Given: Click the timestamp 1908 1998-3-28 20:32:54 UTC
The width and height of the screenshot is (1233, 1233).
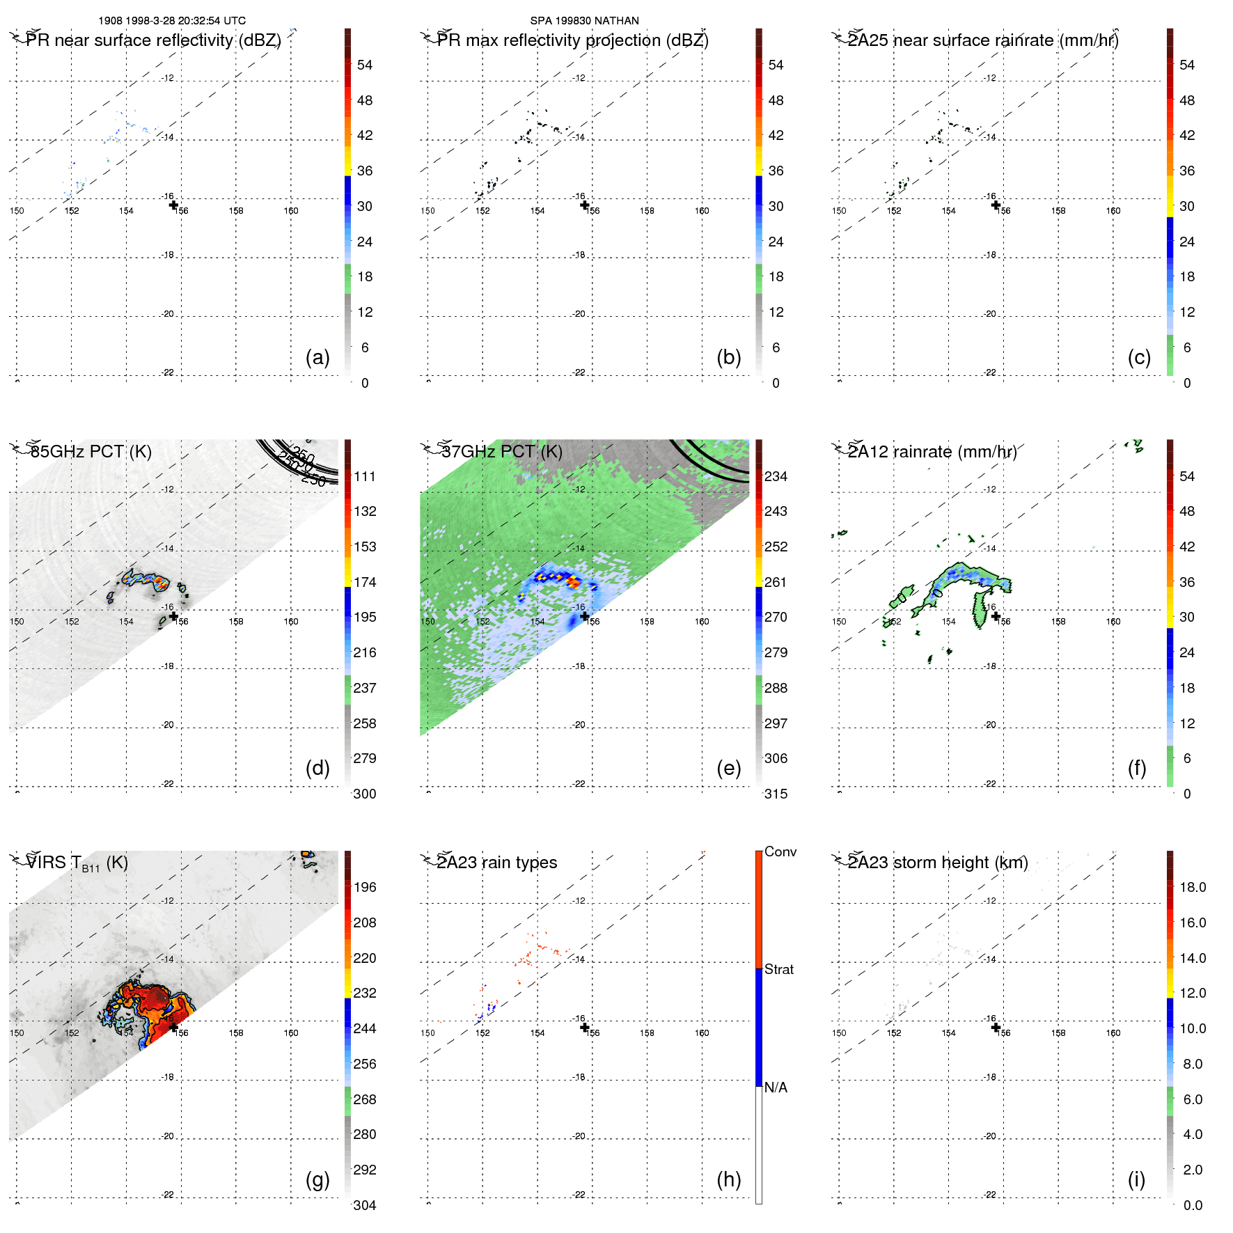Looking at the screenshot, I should click(172, 21).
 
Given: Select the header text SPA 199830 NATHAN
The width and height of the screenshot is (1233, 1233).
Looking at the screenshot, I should click(584, 21).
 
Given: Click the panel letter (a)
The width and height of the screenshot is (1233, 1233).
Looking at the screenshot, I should click(317, 357).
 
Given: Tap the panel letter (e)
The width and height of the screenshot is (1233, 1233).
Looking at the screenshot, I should click(728, 768).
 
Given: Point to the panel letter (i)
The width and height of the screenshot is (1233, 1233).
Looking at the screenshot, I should click(1136, 1179).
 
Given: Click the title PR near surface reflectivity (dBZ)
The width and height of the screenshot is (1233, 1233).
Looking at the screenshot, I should click(153, 40).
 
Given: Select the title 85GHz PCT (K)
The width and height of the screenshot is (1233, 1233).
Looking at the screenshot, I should click(91, 451).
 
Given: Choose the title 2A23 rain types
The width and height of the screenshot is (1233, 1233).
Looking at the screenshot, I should click(497, 863).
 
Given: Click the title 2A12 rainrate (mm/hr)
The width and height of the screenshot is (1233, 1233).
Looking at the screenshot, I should click(932, 451).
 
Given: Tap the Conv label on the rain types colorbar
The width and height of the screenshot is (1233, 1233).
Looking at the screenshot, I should click(780, 851).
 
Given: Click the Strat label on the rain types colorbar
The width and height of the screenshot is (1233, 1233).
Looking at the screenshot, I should click(779, 969).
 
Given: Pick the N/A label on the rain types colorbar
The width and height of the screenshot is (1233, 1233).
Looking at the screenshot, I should click(776, 1087).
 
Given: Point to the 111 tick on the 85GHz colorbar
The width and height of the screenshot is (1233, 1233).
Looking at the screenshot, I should click(365, 476).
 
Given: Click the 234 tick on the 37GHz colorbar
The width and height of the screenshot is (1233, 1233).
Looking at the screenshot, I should click(776, 476).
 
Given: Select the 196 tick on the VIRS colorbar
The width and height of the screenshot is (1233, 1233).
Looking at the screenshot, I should click(365, 887).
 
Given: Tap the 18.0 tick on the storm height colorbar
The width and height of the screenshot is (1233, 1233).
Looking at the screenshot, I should click(1193, 887).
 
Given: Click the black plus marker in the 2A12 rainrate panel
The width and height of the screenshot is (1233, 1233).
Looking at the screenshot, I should click(996, 616).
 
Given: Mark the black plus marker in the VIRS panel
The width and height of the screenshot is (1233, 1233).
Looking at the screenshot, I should click(173, 1027).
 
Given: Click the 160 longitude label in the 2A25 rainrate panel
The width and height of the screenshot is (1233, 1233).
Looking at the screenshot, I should click(1113, 211).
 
